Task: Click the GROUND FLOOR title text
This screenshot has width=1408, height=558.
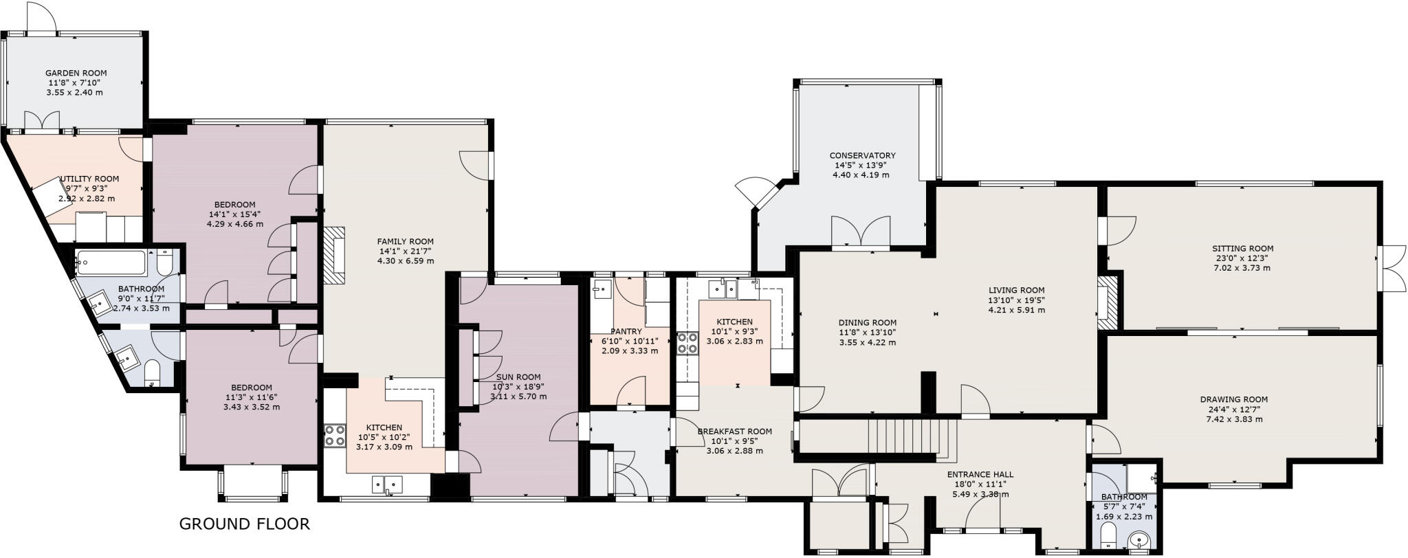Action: pyautogui.click(x=244, y=524)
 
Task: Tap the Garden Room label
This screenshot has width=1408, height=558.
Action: pyautogui.click(x=76, y=73)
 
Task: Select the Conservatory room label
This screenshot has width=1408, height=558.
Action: pyautogui.click(x=861, y=156)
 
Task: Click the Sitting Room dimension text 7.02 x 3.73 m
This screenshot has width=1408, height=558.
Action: pyautogui.click(x=1242, y=268)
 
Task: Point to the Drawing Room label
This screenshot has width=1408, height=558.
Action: pyautogui.click(x=1233, y=399)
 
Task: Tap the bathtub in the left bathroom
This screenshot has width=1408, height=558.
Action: pyautogui.click(x=111, y=262)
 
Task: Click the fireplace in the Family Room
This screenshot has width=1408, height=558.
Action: pyautogui.click(x=335, y=255)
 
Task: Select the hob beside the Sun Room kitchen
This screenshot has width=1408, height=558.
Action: pyautogui.click(x=335, y=435)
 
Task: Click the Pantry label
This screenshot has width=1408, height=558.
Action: pyautogui.click(x=626, y=332)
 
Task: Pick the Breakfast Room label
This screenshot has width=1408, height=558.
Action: pyautogui.click(x=734, y=432)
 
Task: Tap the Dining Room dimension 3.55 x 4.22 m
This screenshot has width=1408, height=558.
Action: pyautogui.click(x=867, y=342)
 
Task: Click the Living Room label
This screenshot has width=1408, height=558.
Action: pyautogui.click(x=1016, y=290)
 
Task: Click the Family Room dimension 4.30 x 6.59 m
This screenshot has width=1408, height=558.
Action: pyautogui.click(x=405, y=261)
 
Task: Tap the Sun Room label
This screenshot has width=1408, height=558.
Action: pyautogui.click(x=518, y=377)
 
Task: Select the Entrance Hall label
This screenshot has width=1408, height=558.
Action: pyautogui.click(x=980, y=475)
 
